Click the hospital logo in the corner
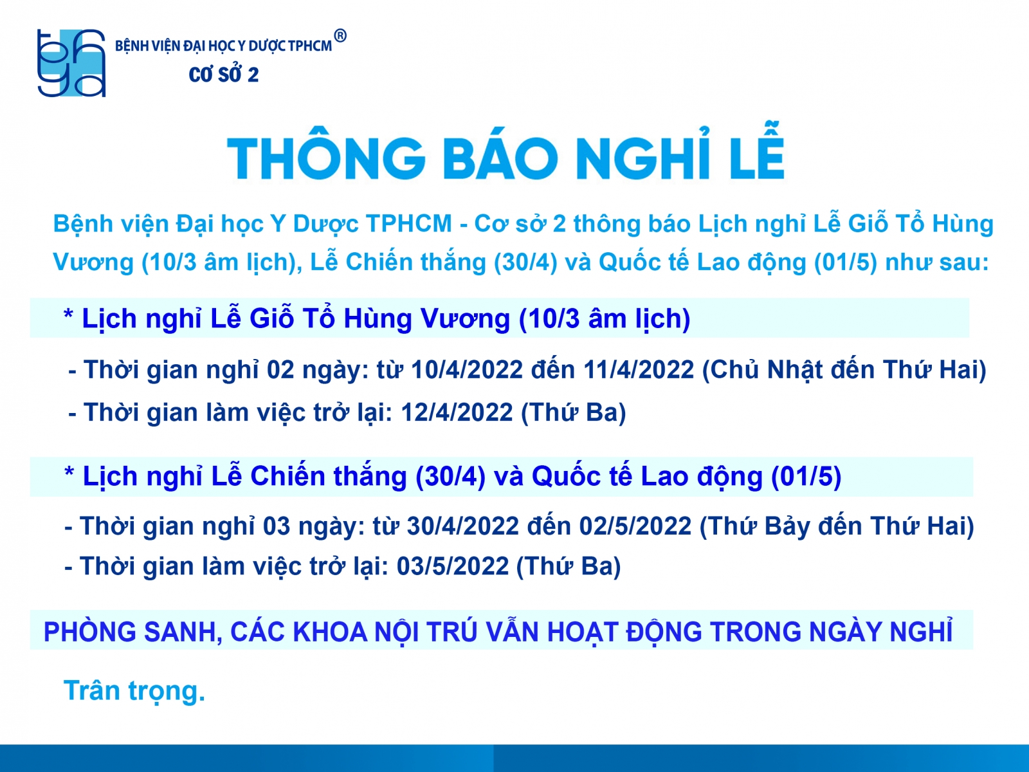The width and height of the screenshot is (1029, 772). point(71,63)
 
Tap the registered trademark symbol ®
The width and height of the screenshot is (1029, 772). point(340,35)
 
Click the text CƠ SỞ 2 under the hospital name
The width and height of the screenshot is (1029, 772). point(224,74)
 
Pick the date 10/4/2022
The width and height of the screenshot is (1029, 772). point(467,370)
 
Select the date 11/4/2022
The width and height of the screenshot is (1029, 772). point(639,370)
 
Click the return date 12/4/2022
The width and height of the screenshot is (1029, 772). point(457,412)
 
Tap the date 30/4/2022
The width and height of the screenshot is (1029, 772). point(462,526)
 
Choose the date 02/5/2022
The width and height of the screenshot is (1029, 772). point(635,526)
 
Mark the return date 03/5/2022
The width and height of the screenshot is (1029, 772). point(453,566)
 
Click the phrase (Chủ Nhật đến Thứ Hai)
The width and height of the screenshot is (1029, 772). point(844,371)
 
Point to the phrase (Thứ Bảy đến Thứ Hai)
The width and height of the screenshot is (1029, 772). point(837,526)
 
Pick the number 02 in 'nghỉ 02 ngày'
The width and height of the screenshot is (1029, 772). point(280,370)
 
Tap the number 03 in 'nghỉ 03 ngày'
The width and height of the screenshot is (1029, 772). point(277,526)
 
